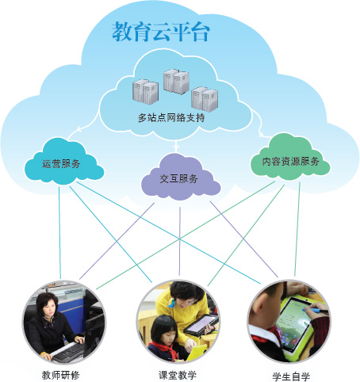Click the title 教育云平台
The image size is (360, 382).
tap(161, 32)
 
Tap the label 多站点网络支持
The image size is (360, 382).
tap(171, 117)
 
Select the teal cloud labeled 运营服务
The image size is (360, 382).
tap(64, 162)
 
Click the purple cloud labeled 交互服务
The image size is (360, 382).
tap(181, 178)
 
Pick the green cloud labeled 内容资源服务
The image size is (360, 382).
tap(290, 159)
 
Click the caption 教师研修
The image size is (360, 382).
tap(60, 375)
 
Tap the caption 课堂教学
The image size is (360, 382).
tap(178, 375)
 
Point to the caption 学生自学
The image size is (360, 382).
tap(291, 376)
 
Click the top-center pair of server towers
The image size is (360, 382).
tap(176, 81)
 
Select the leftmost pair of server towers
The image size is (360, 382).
tap(145, 91)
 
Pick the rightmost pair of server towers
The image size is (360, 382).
tap(205, 99)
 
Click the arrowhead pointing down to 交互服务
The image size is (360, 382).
tap(177, 146)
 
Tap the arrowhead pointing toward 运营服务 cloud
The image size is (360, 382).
tap(79, 129)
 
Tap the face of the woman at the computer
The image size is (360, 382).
tap(50, 308)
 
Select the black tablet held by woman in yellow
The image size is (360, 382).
tap(201, 325)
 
